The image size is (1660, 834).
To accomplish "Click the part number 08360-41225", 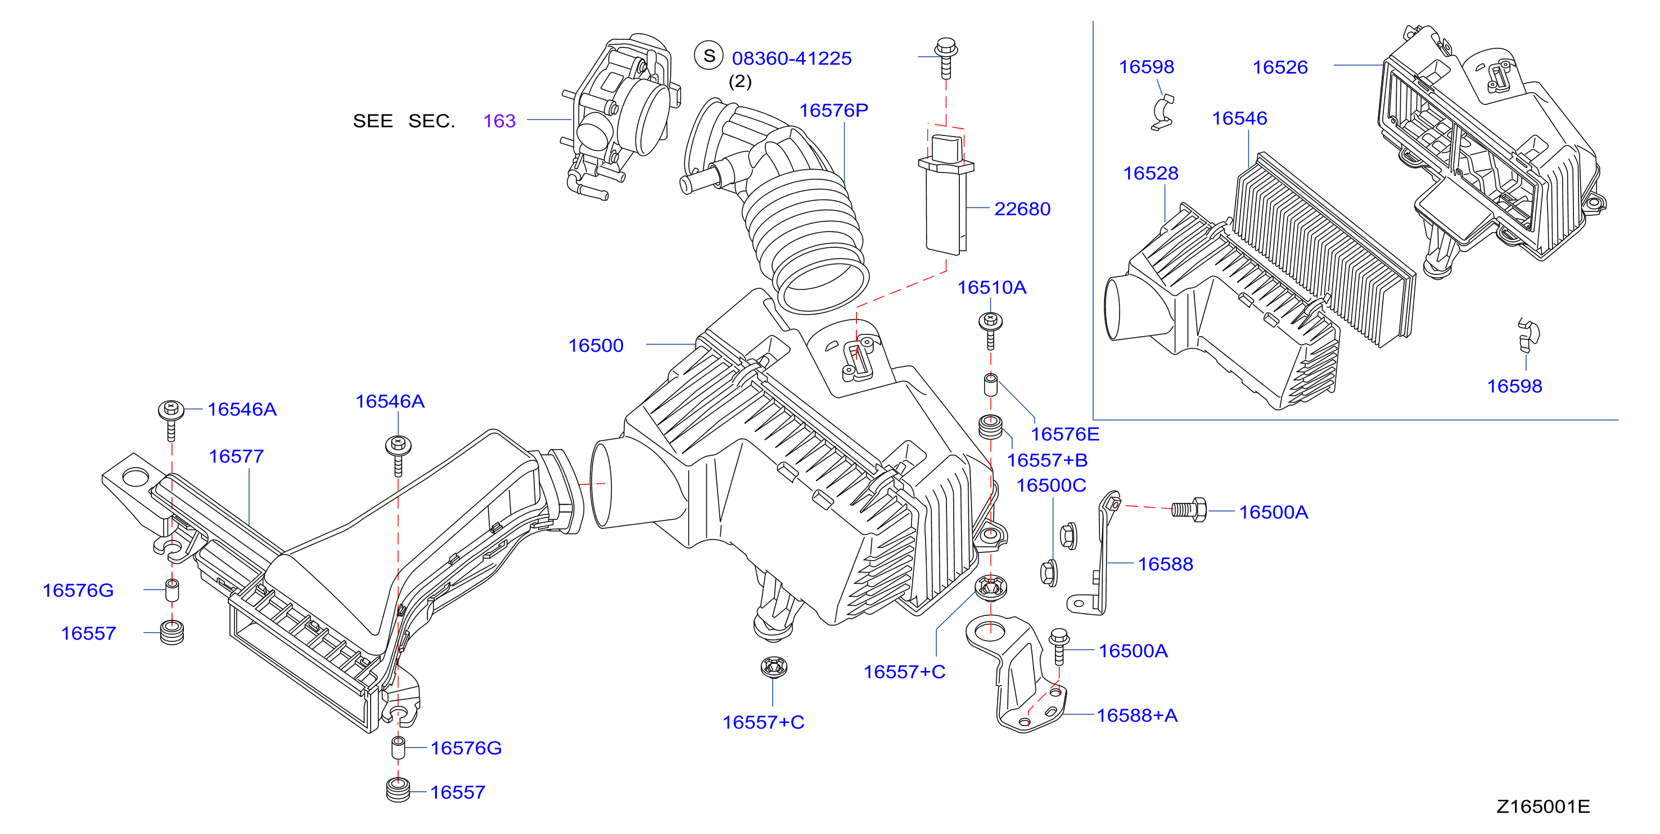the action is click(791, 58).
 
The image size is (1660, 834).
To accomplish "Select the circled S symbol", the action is click(709, 56).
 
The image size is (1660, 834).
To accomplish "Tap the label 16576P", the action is click(834, 111).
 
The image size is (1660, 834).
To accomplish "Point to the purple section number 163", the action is click(499, 121).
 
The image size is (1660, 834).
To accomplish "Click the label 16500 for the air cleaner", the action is click(596, 346).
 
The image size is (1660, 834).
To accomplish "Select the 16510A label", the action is click(992, 287).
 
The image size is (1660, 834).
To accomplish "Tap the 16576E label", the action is click(1064, 434).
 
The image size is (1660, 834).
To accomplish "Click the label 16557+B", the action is click(1047, 460).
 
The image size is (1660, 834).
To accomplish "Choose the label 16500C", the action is click(1051, 486).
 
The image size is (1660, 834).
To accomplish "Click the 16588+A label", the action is click(1136, 715).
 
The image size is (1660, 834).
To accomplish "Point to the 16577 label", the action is click(237, 456).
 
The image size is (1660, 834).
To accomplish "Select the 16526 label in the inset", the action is click(1280, 67).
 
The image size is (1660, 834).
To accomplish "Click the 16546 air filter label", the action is click(1239, 119).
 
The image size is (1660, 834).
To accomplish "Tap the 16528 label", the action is click(1151, 173).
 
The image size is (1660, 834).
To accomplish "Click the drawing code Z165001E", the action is click(1542, 807).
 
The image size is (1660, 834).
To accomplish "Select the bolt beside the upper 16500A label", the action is click(1188, 510).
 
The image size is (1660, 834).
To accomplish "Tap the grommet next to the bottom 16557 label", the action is click(398, 791).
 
